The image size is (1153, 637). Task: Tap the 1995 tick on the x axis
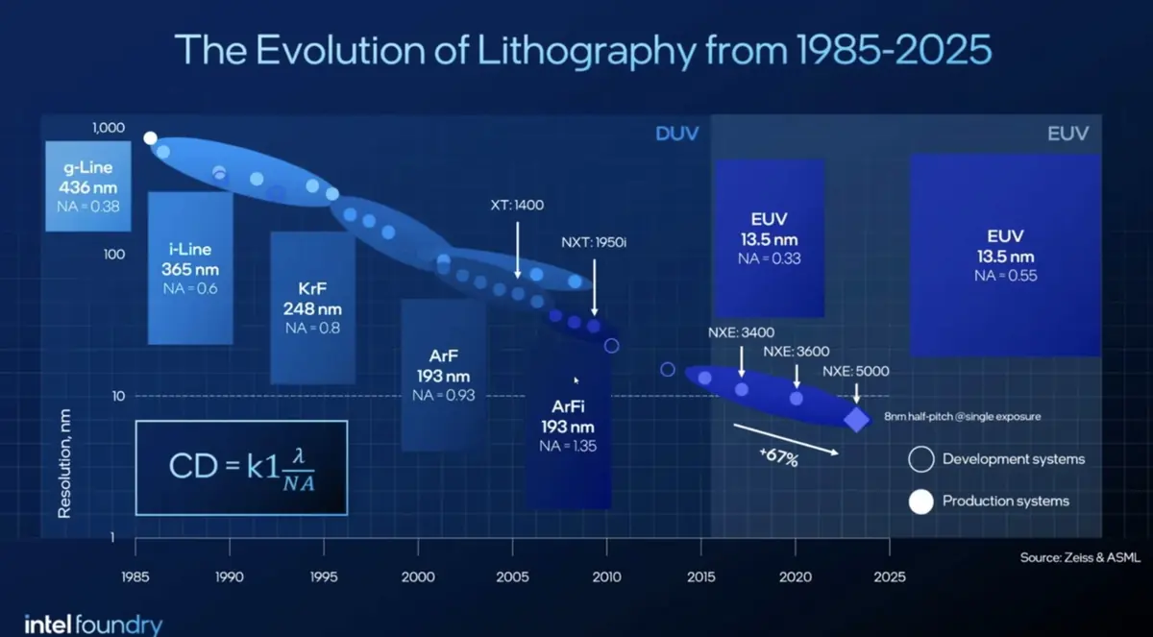click(324, 577)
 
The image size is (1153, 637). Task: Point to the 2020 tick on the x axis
click(795, 577)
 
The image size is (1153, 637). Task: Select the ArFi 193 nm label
click(567, 427)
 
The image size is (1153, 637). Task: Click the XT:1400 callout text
click(516, 206)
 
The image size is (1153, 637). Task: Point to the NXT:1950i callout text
click(594, 242)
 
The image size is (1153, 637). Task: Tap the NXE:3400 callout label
click(741, 333)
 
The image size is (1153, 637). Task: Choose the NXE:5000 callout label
click(856, 371)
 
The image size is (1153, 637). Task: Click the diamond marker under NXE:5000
click(856, 419)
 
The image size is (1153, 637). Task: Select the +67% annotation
click(778, 458)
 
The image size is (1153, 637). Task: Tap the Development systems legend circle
click(921, 459)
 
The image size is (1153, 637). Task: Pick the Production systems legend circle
click(921, 501)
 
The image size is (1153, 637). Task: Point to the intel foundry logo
click(93, 625)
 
